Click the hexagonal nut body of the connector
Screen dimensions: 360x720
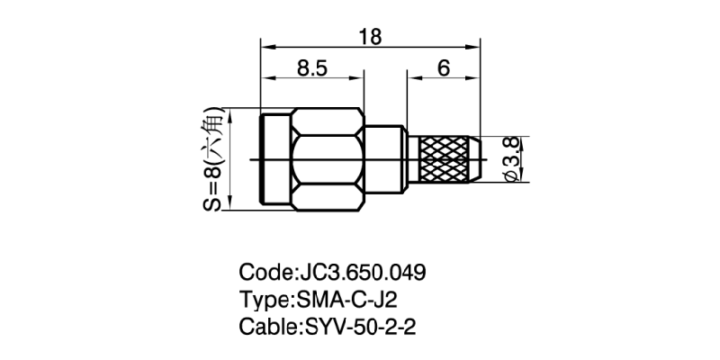329,160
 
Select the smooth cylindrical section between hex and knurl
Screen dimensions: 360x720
385,160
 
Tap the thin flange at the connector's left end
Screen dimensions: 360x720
274,160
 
